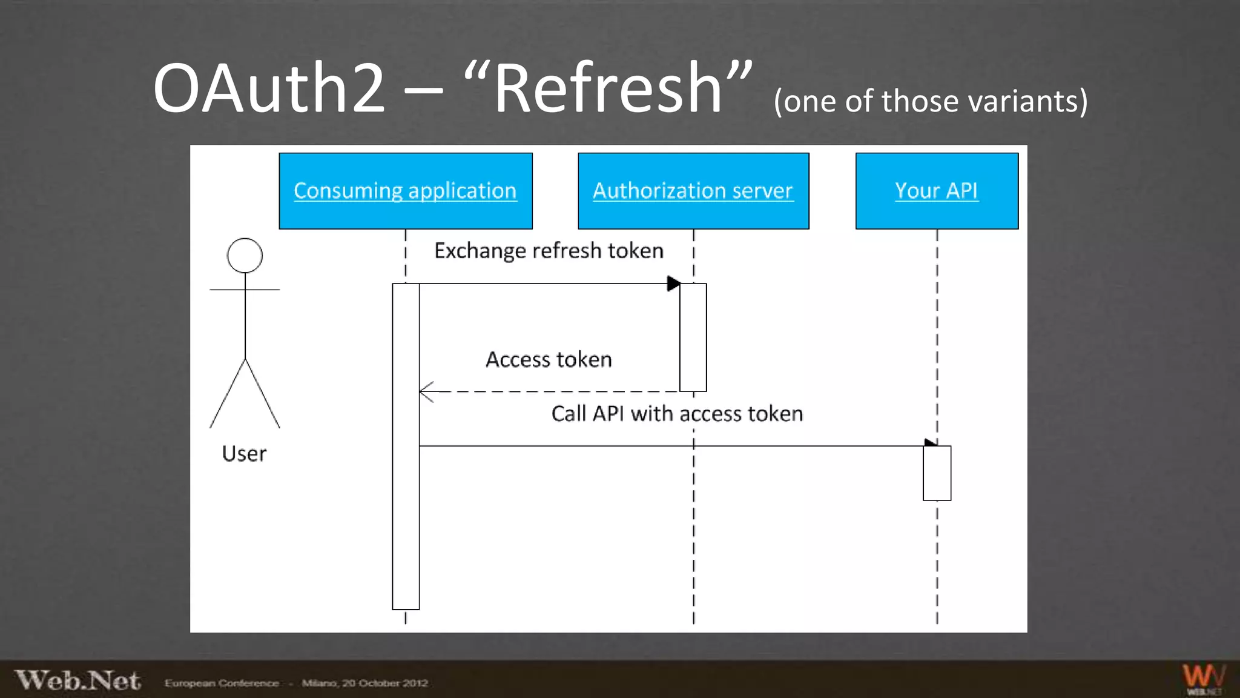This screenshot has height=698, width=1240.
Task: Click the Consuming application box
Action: tap(405, 191)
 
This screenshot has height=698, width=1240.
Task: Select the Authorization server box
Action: tap(693, 191)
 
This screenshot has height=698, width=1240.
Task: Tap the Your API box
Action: tap(936, 191)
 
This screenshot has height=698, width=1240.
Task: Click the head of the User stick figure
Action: tap(245, 256)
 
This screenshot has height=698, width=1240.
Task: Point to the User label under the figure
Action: tap(244, 454)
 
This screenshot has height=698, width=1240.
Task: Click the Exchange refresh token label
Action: tap(549, 251)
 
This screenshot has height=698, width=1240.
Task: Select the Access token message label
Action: tap(549, 360)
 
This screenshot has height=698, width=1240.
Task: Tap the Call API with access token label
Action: tap(677, 414)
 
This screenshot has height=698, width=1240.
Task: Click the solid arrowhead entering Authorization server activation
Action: tap(673, 284)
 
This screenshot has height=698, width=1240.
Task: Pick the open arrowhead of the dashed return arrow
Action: tap(426, 392)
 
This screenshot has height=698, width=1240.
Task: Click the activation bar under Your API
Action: tap(937, 473)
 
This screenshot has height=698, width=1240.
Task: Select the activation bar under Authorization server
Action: tap(693, 337)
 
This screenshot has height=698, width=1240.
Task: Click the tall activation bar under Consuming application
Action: tap(406, 447)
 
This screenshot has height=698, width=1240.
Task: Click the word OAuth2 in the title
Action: tap(269, 88)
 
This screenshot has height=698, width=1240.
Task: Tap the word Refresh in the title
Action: tap(608, 88)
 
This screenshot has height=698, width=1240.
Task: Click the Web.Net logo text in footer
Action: tap(77, 680)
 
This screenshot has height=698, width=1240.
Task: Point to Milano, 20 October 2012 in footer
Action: tap(364, 683)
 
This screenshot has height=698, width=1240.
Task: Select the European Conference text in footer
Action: tap(222, 683)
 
